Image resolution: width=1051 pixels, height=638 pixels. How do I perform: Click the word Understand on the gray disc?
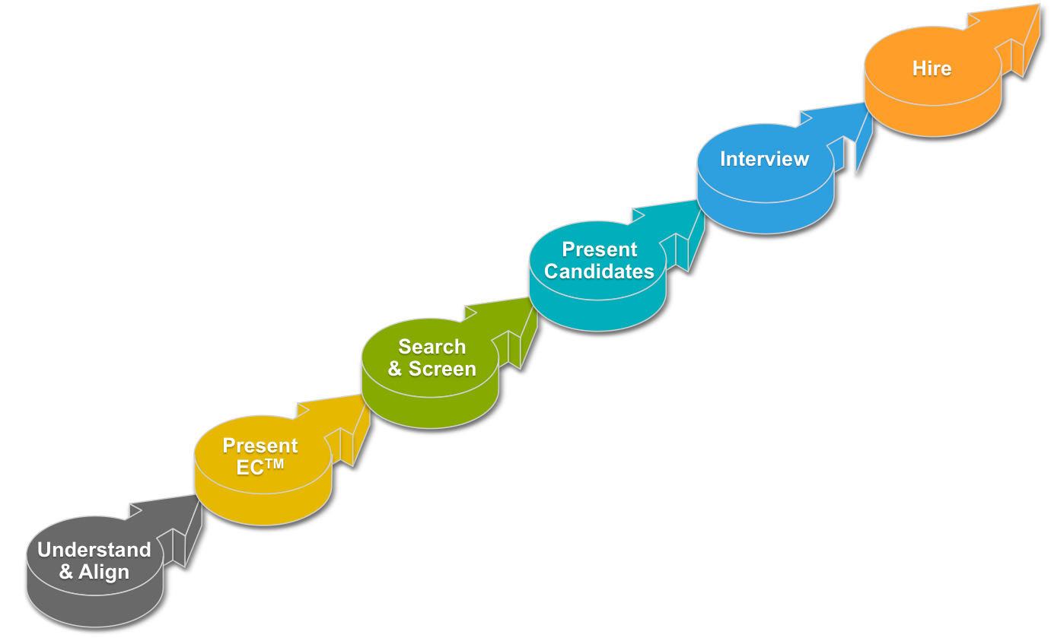94,550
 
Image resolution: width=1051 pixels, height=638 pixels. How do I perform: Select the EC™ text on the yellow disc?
260,467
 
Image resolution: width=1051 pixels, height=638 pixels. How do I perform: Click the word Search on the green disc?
432,347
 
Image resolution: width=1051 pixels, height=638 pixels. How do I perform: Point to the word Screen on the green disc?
442,369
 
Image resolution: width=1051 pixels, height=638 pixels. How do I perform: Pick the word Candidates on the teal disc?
599,271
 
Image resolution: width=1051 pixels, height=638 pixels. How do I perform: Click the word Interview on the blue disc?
764,159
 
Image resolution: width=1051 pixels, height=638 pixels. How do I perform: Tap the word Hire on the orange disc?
932,68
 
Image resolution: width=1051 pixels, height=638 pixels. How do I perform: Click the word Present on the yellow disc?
260,446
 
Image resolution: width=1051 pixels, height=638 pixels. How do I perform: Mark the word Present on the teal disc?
599,249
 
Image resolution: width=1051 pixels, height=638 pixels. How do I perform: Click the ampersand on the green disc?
395,370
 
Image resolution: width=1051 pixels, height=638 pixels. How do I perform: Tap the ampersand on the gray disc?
66,572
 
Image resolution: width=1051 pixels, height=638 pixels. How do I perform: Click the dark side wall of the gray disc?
91,608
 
